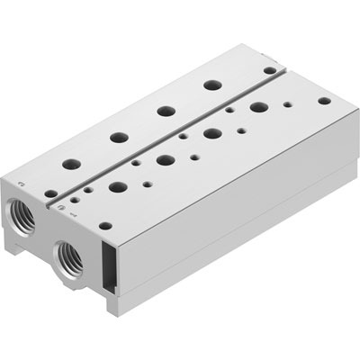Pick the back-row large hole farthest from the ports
coord(212,85)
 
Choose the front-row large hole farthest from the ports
coord(259,107)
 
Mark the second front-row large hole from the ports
coord(166,160)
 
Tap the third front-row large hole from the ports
coord(213,133)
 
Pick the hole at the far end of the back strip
coord(269,68)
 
